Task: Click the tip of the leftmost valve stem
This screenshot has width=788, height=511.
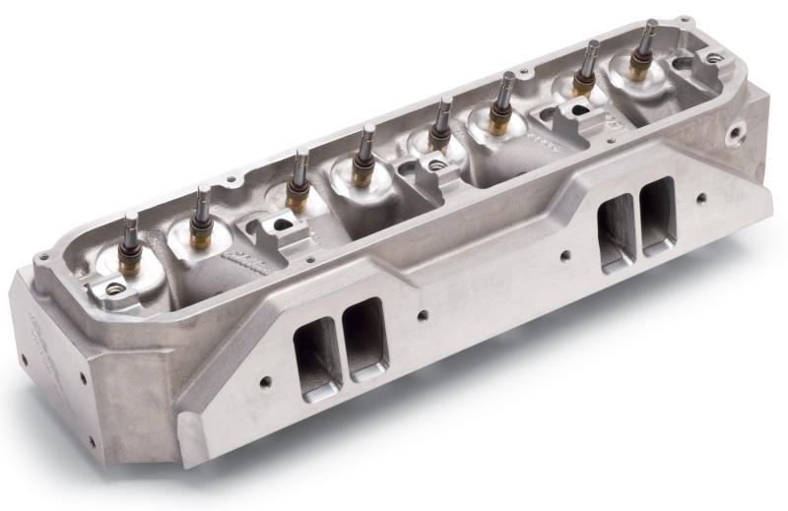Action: pyautogui.click(x=130, y=217)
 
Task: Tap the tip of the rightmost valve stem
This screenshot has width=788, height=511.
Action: pyautogui.click(x=651, y=23)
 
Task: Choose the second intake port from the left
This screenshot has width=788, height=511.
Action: pyautogui.click(x=366, y=336)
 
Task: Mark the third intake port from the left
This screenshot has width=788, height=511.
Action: pyautogui.click(x=616, y=232)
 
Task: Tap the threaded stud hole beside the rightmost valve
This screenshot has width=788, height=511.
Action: pyautogui.click(x=710, y=60)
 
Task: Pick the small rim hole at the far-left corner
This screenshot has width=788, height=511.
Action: pyautogui.click(x=42, y=258)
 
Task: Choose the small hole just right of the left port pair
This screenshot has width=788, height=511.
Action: pyautogui.click(x=423, y=317)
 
